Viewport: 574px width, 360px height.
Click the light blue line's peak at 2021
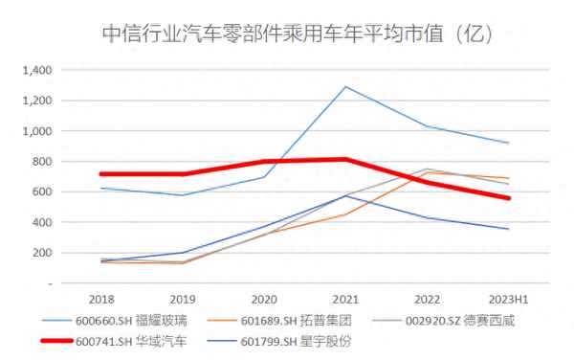tap(345, 87)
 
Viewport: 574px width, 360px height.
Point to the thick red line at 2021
tap(345, 159)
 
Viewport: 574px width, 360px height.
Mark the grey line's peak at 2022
tap(427, 169)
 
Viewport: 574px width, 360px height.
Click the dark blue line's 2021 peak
tap(345, 196)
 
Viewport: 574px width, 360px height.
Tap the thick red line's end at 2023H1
tap(508, 198)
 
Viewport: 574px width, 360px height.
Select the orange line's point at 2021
tap(345, 214)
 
